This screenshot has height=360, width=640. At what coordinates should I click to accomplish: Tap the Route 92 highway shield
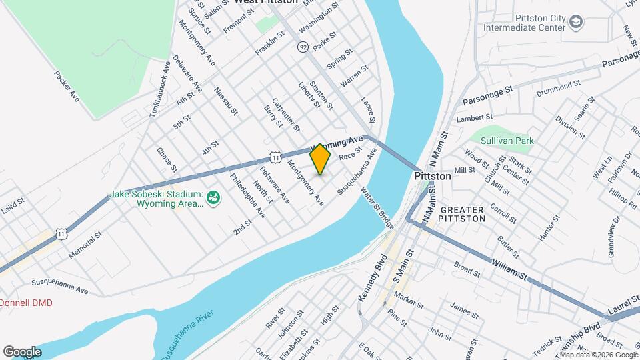[303, 47]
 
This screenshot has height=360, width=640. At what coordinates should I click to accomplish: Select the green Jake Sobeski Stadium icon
[214, 198]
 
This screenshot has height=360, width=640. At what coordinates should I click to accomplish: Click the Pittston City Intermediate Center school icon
[575, 23]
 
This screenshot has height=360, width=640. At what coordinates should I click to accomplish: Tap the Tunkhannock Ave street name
[160, 87]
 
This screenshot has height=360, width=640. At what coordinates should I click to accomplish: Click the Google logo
[22, 351]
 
